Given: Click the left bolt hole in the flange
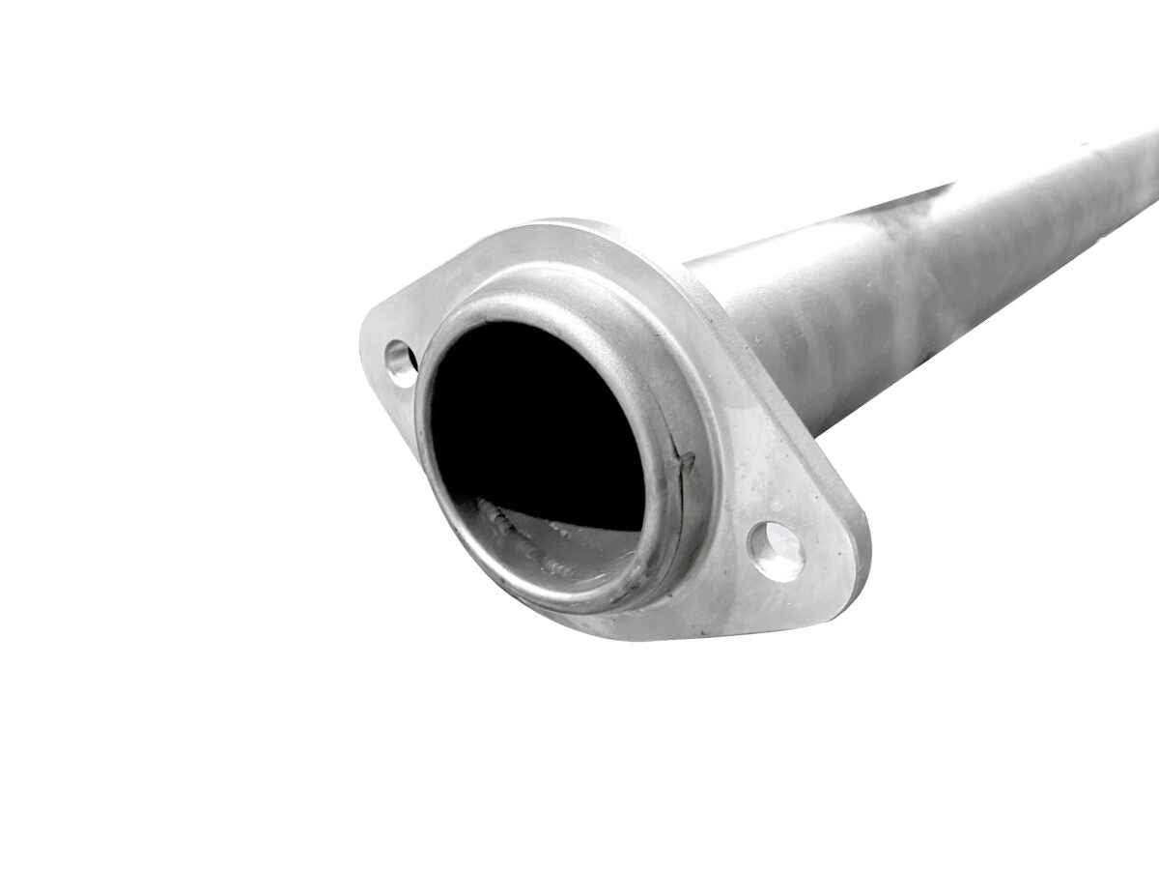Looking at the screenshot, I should [x=399, y=362].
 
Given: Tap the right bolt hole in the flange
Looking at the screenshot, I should [x=776, y=550].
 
